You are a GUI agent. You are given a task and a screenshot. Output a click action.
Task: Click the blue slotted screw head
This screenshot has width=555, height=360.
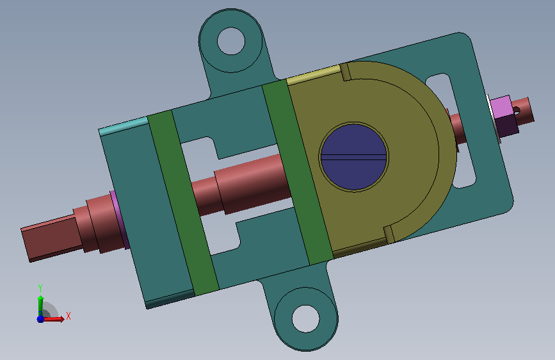[353, 157]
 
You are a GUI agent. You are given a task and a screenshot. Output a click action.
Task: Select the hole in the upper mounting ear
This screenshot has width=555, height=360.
[231, 41]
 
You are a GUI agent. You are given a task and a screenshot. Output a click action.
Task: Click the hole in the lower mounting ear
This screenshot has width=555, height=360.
[306, 318]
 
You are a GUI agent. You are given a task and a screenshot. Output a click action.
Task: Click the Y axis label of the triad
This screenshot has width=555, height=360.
[40, 288]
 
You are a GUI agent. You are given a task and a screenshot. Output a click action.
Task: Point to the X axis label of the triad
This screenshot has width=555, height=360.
[68, 316]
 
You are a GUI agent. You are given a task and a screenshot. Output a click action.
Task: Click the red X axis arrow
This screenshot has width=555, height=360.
[53, 319]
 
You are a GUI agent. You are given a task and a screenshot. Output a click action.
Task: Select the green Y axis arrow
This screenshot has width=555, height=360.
[41, 306]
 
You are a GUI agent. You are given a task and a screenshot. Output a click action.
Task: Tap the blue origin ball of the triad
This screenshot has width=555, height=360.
[40, 319]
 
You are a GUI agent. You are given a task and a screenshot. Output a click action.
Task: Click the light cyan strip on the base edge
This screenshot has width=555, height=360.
[124, 126]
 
